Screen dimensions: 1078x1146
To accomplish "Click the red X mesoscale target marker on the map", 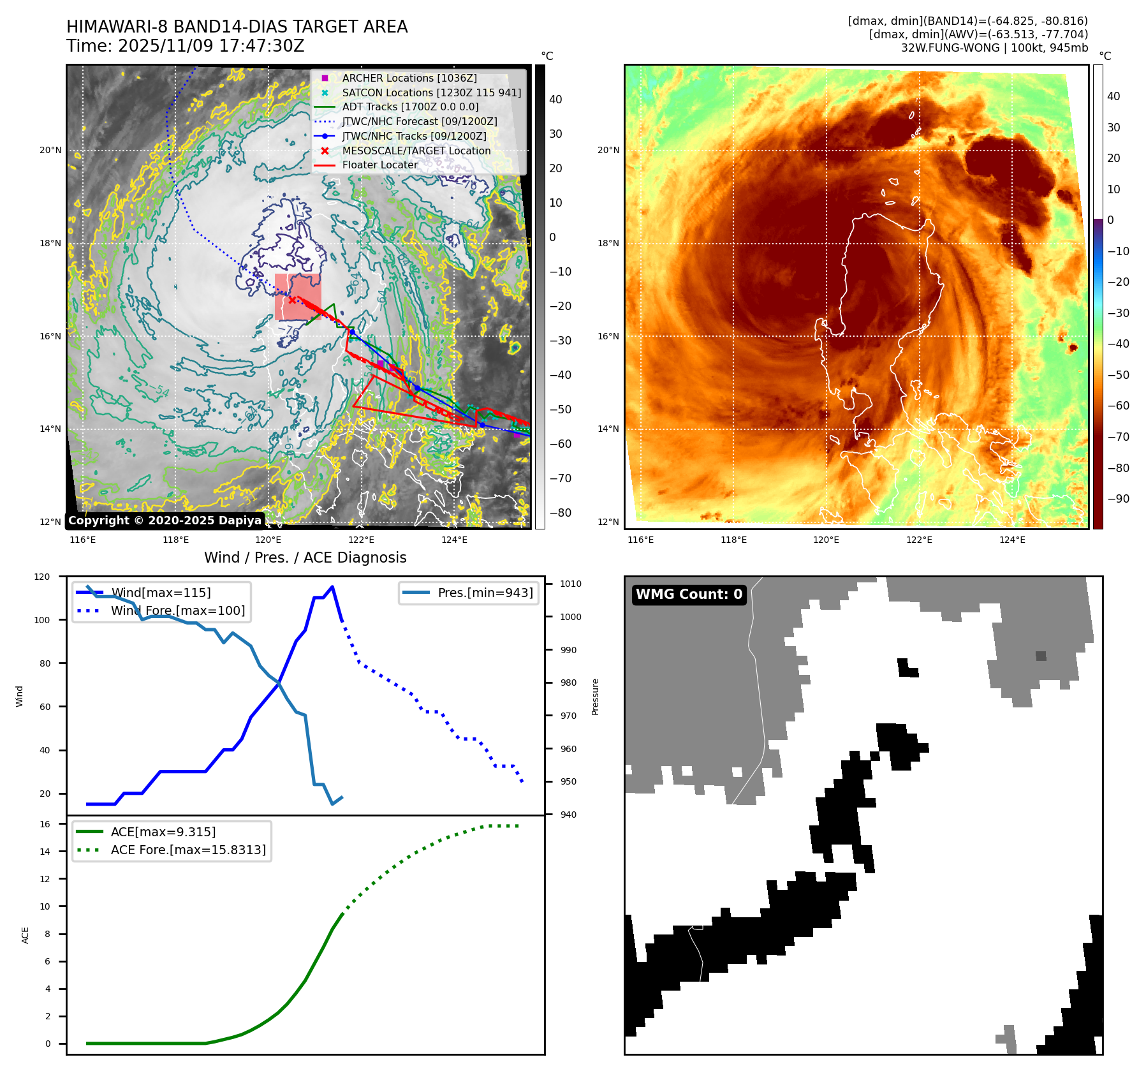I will click(x=292, y=300).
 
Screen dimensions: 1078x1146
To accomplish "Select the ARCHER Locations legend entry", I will click(x=409, y=78).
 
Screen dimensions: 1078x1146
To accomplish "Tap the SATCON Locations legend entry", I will click(x=431, y=92).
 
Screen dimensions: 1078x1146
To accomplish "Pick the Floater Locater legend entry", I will click(x=379, y=165).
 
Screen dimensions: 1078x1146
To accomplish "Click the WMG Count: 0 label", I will click(x=689, y=594).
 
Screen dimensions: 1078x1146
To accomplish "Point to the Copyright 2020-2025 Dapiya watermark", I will click(x=165, y=521).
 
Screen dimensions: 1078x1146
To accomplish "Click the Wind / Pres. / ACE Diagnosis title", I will click(x=305, y=557).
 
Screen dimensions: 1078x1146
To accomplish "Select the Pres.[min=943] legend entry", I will click(x=485, y=593).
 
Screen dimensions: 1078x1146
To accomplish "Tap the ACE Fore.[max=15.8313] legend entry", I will click(x=187, y=850).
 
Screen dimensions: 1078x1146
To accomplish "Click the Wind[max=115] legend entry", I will click(x=161, y=593).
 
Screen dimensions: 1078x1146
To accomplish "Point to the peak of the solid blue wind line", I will click(x=332, y=587).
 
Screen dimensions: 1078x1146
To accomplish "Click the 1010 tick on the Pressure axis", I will click(x=571, y=584).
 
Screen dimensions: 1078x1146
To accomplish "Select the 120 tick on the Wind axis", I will click(x=42, y=577).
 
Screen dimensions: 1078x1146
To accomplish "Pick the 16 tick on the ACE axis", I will click(x=45, y=824).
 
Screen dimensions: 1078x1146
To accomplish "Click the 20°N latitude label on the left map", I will click(x=50, y=151).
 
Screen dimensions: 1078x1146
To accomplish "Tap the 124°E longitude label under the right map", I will click(x=1012, y=540).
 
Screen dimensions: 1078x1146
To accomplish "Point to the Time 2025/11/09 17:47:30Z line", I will click(x=186, y=47).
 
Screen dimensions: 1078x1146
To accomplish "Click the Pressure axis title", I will click(x=595, y=697).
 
